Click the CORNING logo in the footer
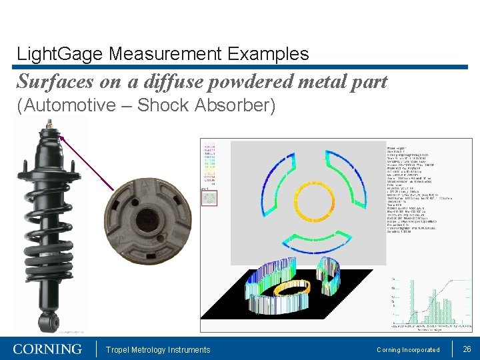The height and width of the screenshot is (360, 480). point(47,349)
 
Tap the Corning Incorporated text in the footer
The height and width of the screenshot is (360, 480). point(408,350)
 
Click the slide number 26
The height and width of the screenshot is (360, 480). point(467,349)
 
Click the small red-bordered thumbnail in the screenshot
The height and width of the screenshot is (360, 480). point(209,197)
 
